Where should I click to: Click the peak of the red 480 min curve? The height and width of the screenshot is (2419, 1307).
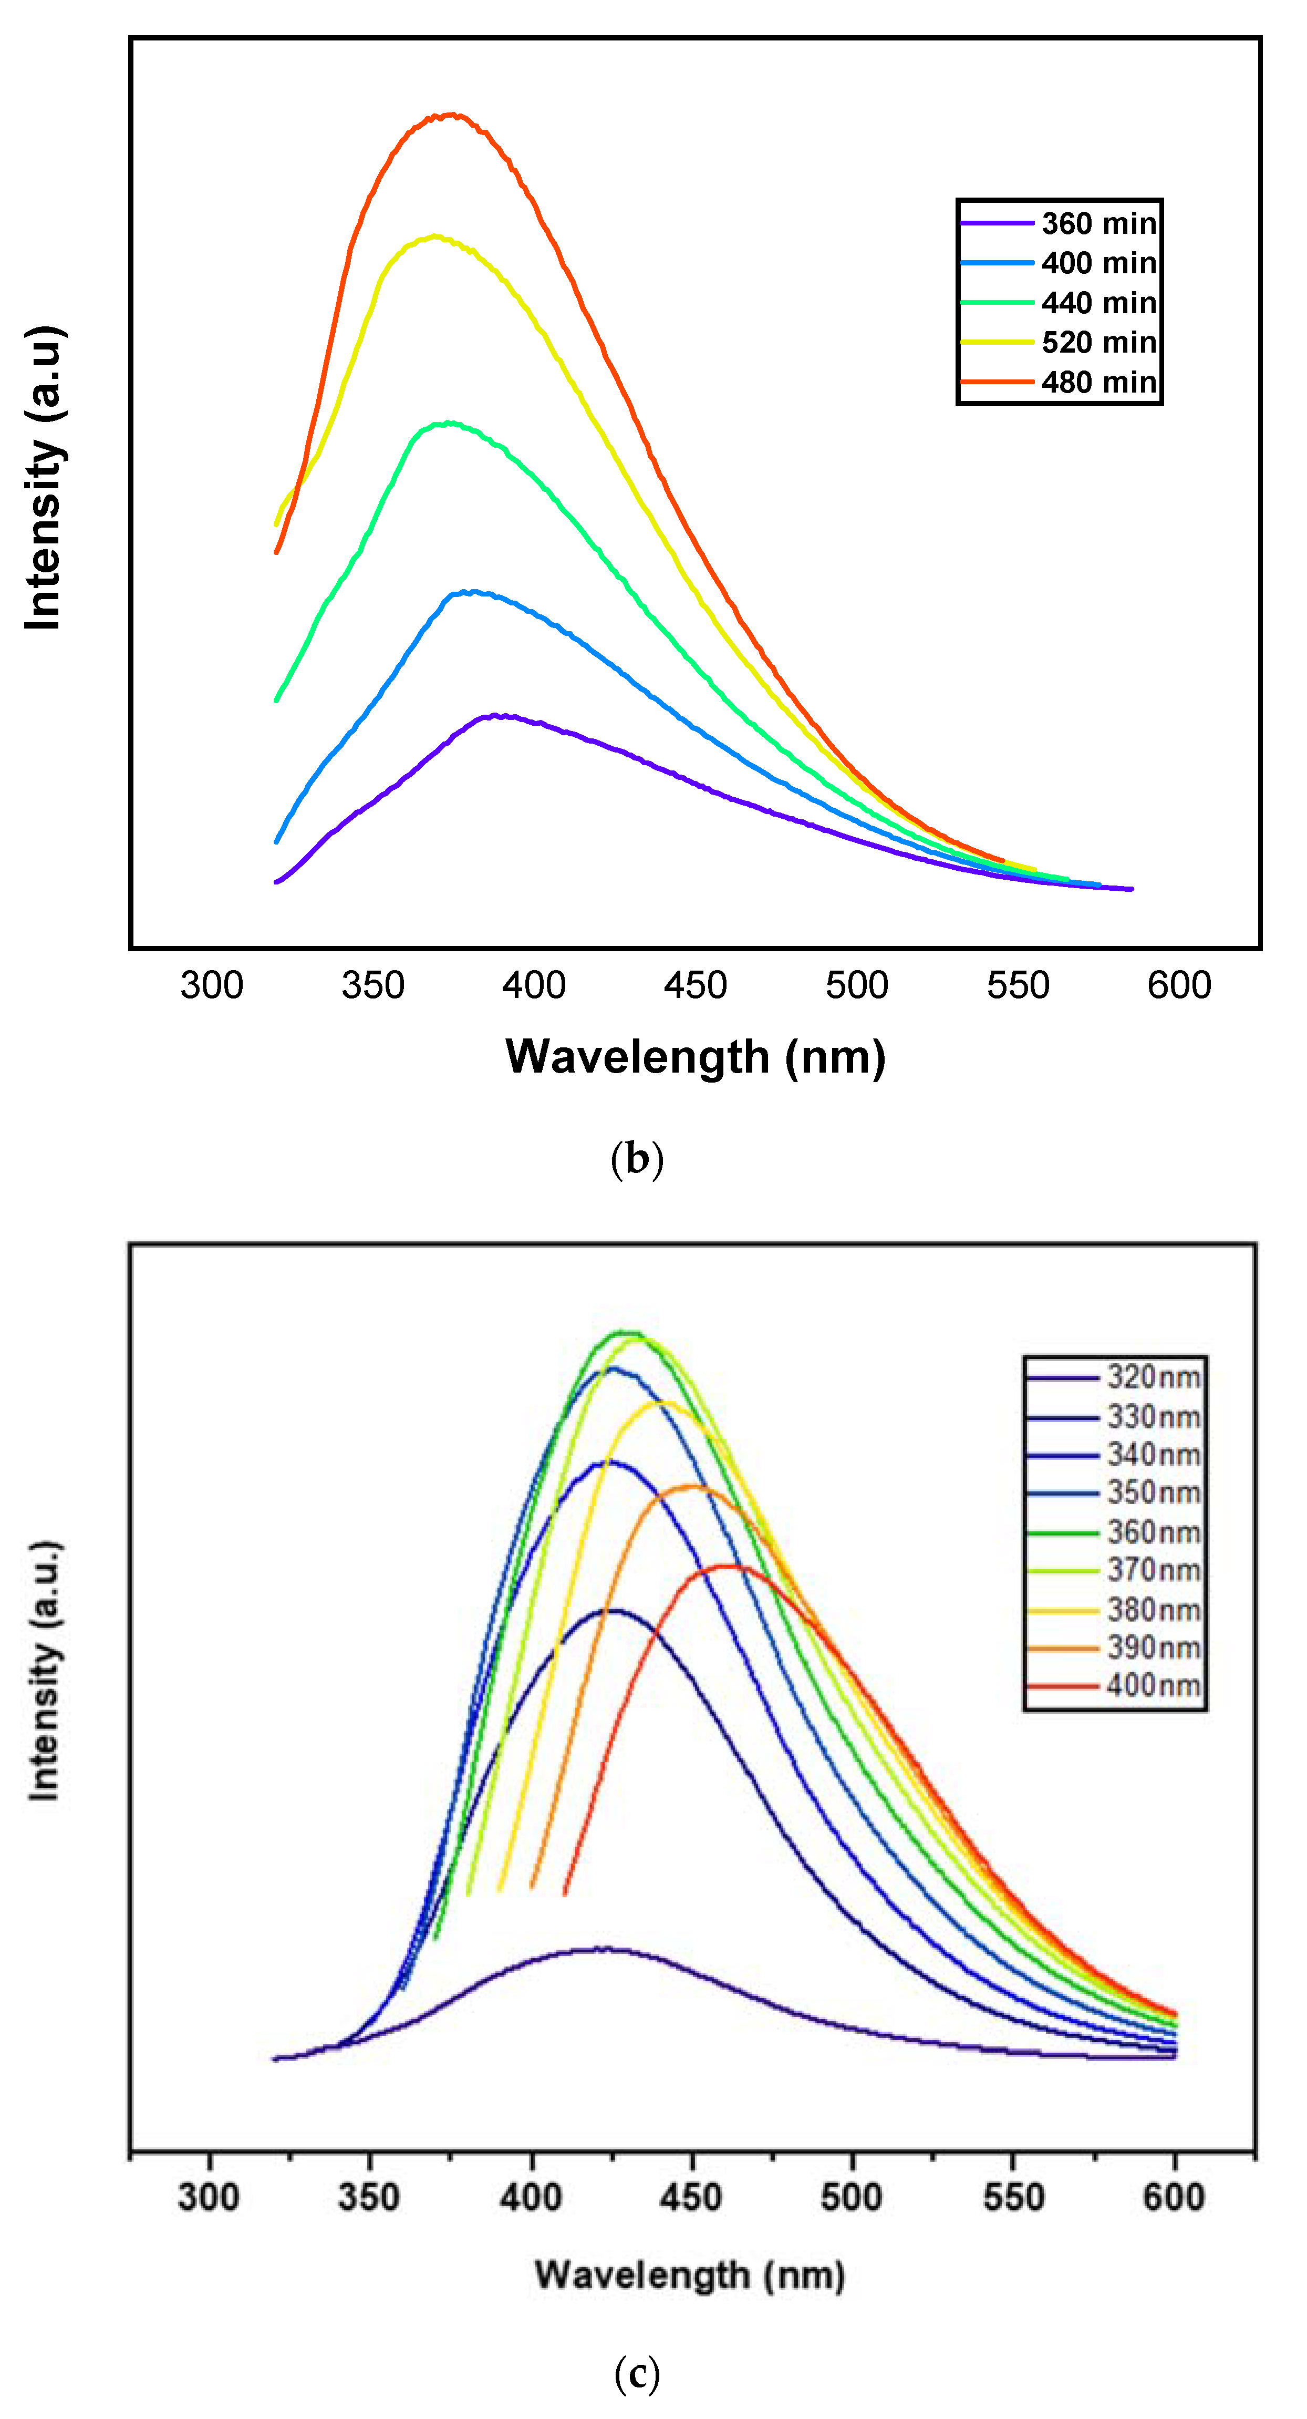(x=452, y=116)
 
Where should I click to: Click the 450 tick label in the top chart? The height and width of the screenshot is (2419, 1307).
(x=695, y=985)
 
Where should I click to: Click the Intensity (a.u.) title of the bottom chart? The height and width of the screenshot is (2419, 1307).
(x=44, y=1672)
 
